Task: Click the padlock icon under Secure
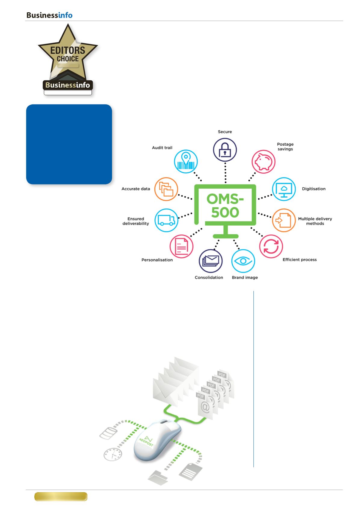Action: [x=225, y=150]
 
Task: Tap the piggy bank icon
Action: [x=263, y=162]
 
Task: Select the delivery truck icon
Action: [x=166, y=220]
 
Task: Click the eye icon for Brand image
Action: [x=243, y=261]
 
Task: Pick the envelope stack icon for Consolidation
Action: [x=211, y=261]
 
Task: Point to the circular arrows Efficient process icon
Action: [x=271, y=246]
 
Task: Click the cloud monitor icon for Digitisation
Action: [x=284, y=189]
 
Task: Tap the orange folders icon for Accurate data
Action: [x=166, y=189]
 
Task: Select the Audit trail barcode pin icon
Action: [x=186, y=161]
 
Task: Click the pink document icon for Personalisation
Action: [x=182, y=246]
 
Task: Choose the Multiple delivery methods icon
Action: [x=284, y=220]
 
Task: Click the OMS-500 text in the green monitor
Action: [x=225, y=205]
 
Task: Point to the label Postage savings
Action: [x=285, y=147]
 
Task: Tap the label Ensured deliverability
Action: [x=135, y=221]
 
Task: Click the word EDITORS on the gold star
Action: [x=68, y=51]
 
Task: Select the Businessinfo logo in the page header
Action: [x=49, y=15]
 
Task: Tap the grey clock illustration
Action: [x=113, y=454]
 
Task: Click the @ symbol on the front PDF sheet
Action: [x=205, y=407]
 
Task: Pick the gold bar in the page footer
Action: [x=61, y=496]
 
